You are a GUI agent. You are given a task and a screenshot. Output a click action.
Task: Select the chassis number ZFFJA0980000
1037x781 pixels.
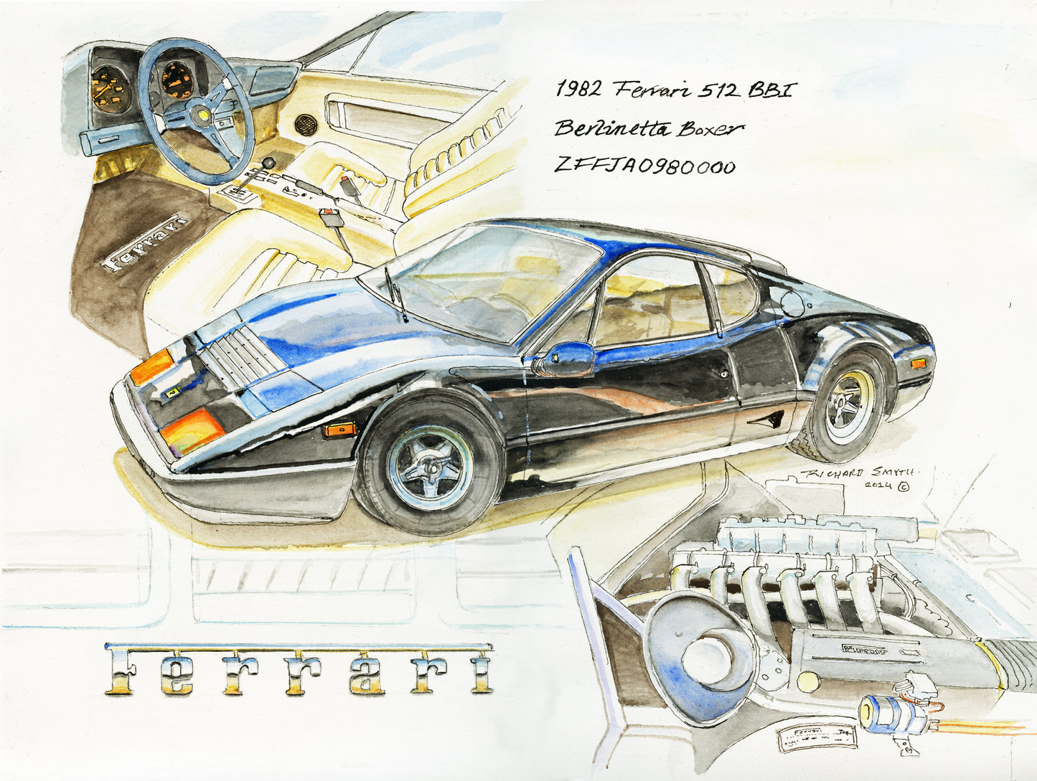[644, 166]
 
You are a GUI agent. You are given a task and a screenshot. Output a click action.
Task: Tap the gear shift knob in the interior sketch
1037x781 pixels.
[268, 164]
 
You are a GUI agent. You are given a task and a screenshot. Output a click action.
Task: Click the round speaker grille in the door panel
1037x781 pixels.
[306, 123]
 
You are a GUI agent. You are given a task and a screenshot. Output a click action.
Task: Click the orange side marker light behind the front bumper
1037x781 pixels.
[339, 430]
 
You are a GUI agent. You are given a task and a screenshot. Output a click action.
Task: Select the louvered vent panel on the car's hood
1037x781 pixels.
[240, 354]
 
